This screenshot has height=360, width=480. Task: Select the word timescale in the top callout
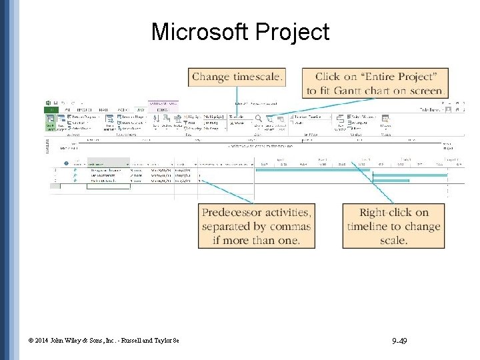coord(257,77)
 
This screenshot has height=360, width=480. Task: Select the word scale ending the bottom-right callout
coord(393,240)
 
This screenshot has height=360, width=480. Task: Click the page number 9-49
coord(400,342)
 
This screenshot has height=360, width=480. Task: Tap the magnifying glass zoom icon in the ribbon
coord(259,118)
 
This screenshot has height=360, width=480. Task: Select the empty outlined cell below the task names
coord(108,187)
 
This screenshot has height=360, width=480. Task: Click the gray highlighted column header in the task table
coord(108,162)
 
